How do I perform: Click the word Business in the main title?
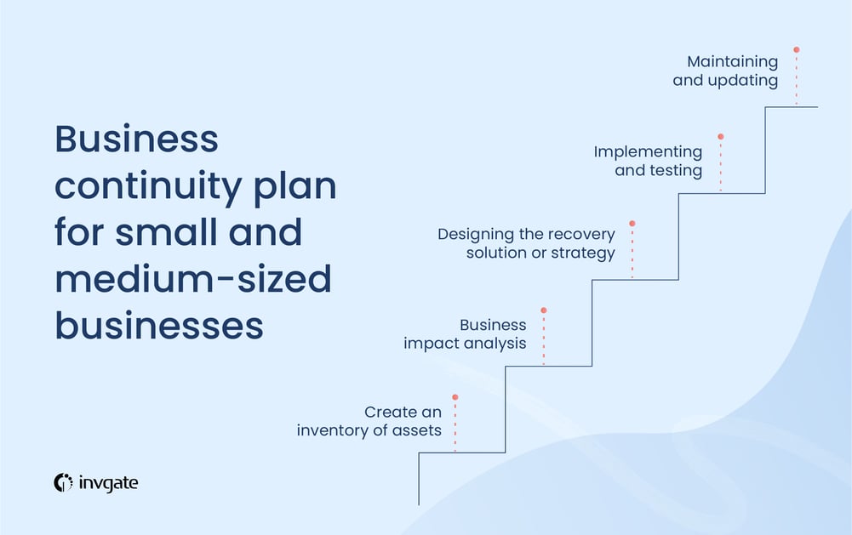point(136,139)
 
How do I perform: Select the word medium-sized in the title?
point(193,279)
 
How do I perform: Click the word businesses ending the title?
point(159,326)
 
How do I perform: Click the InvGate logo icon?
point(64,482)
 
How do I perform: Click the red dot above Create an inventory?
point(455,397)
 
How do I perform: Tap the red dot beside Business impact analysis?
point(544,310)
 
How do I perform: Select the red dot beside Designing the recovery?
point(632,224)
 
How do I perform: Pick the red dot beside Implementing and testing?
point(721,136)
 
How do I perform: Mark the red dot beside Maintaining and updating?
point(797,49)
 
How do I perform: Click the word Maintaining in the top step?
point(733,62)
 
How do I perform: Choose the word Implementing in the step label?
point(648,151)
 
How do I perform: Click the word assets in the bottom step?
point(416,430)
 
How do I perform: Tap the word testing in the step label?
point(675,170)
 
